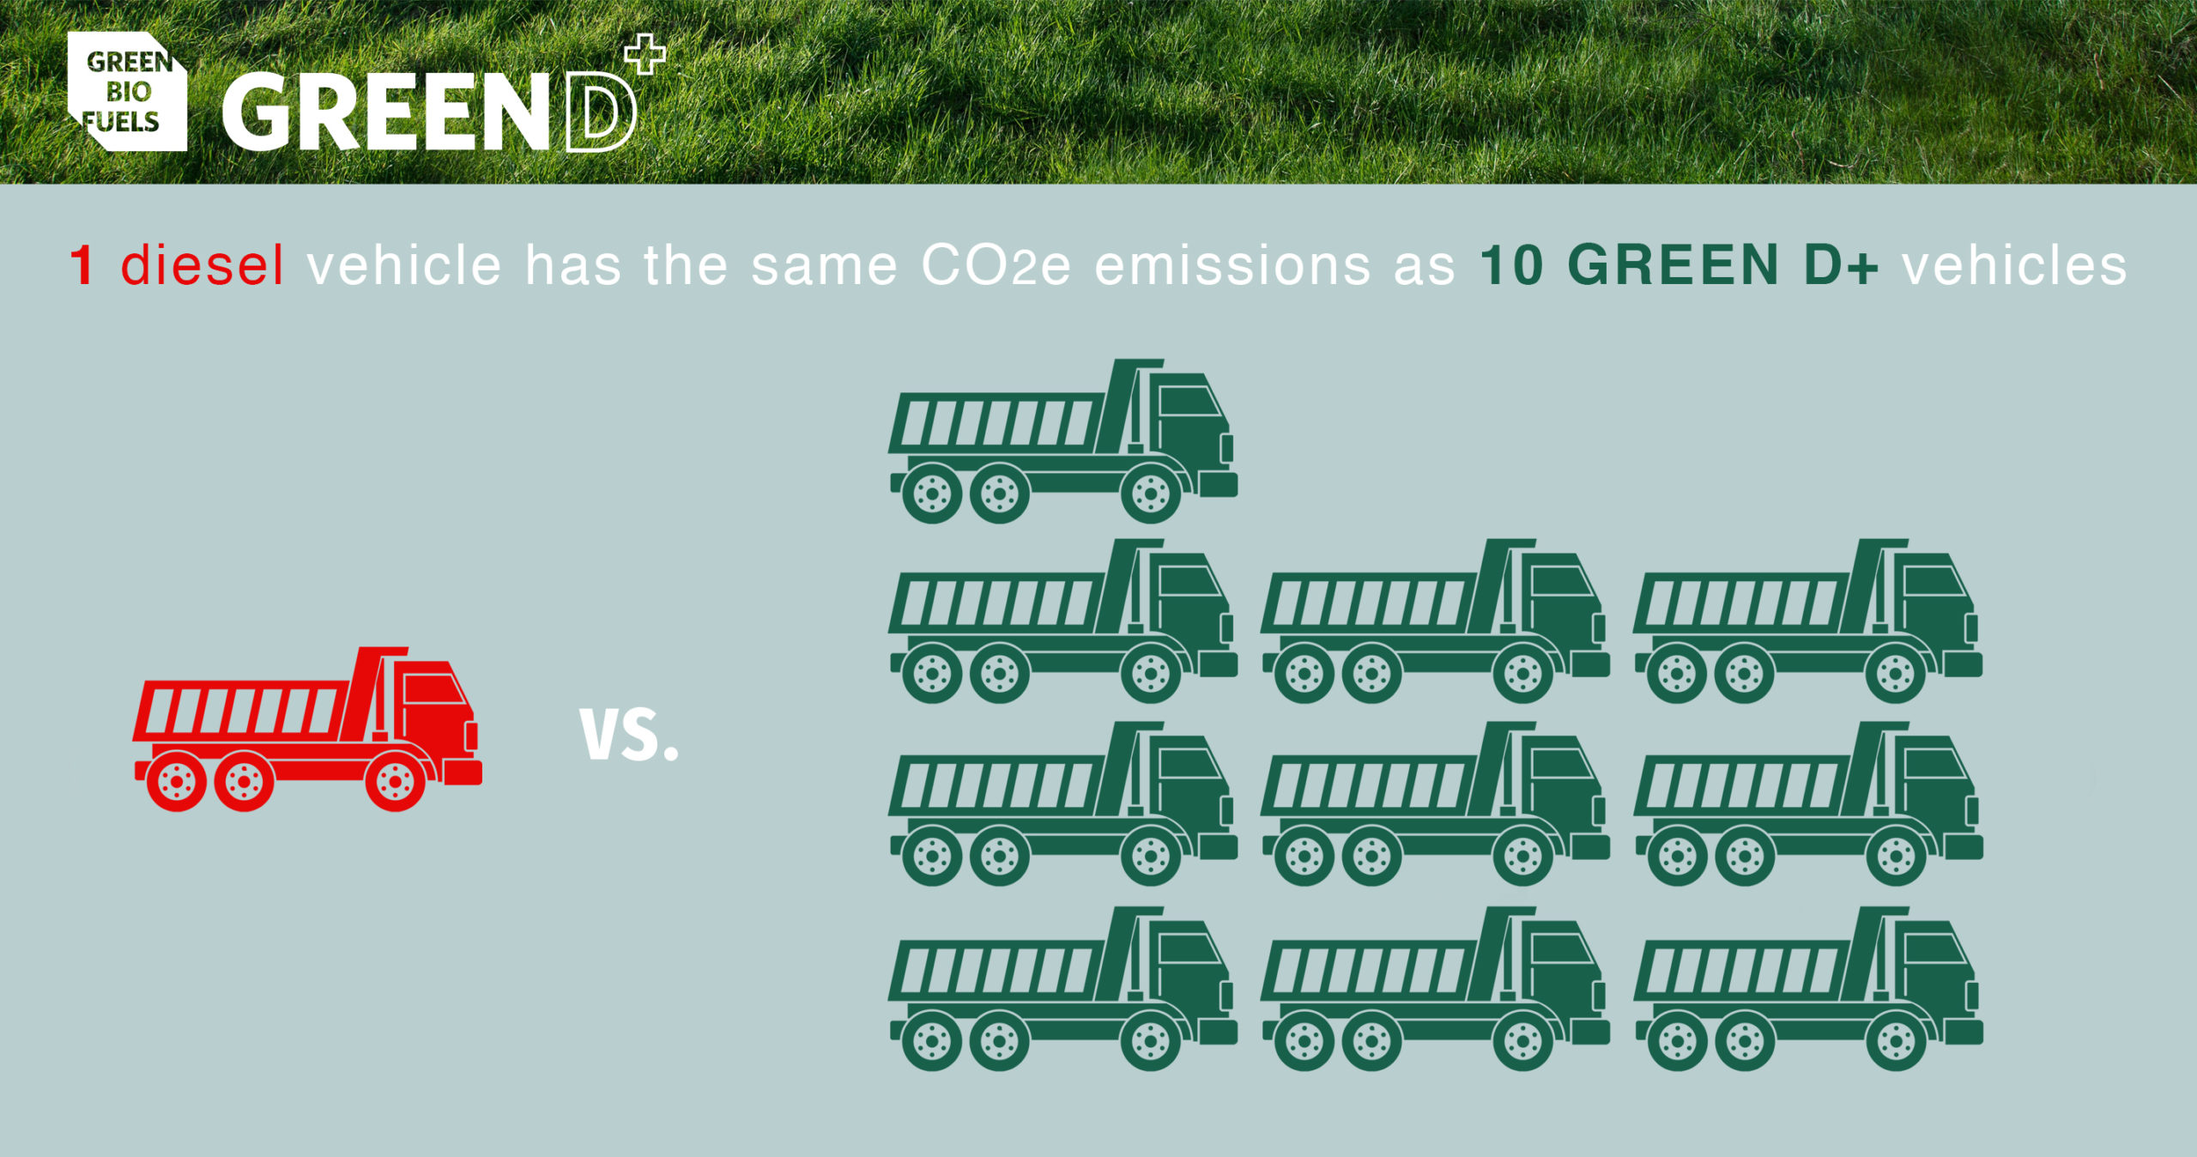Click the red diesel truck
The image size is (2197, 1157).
point(307,729)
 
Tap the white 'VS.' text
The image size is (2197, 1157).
point(629,735)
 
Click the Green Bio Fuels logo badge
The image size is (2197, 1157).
point(127,91)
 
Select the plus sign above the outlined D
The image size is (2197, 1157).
point(645,54)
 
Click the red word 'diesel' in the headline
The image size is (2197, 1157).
point(202,265)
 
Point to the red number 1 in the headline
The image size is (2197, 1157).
point(82,265)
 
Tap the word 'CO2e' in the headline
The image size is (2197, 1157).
point(996,265)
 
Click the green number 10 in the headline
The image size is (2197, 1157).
point(1512,265)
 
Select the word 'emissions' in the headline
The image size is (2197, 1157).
point(1232,265)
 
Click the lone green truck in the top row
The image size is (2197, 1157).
point(1062,441)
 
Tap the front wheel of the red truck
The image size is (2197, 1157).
point(395,782)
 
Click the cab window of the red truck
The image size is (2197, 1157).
point(434,689)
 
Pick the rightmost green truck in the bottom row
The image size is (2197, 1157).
point(1807,989)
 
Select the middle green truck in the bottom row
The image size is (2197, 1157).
point(1435,989)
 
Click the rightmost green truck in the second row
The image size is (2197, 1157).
point(1807,621)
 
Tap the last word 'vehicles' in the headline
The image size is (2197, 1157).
point(2015,265)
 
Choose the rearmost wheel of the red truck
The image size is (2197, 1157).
point(176,782)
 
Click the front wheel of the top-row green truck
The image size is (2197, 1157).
point(1150,494)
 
